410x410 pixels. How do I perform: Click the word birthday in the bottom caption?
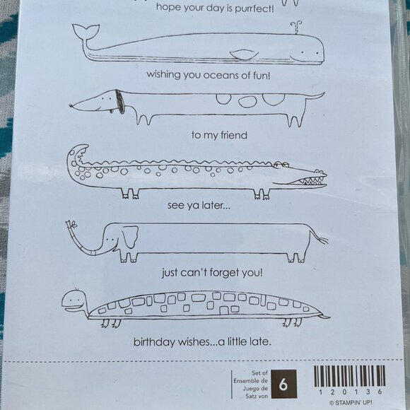(x=158, y=343)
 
